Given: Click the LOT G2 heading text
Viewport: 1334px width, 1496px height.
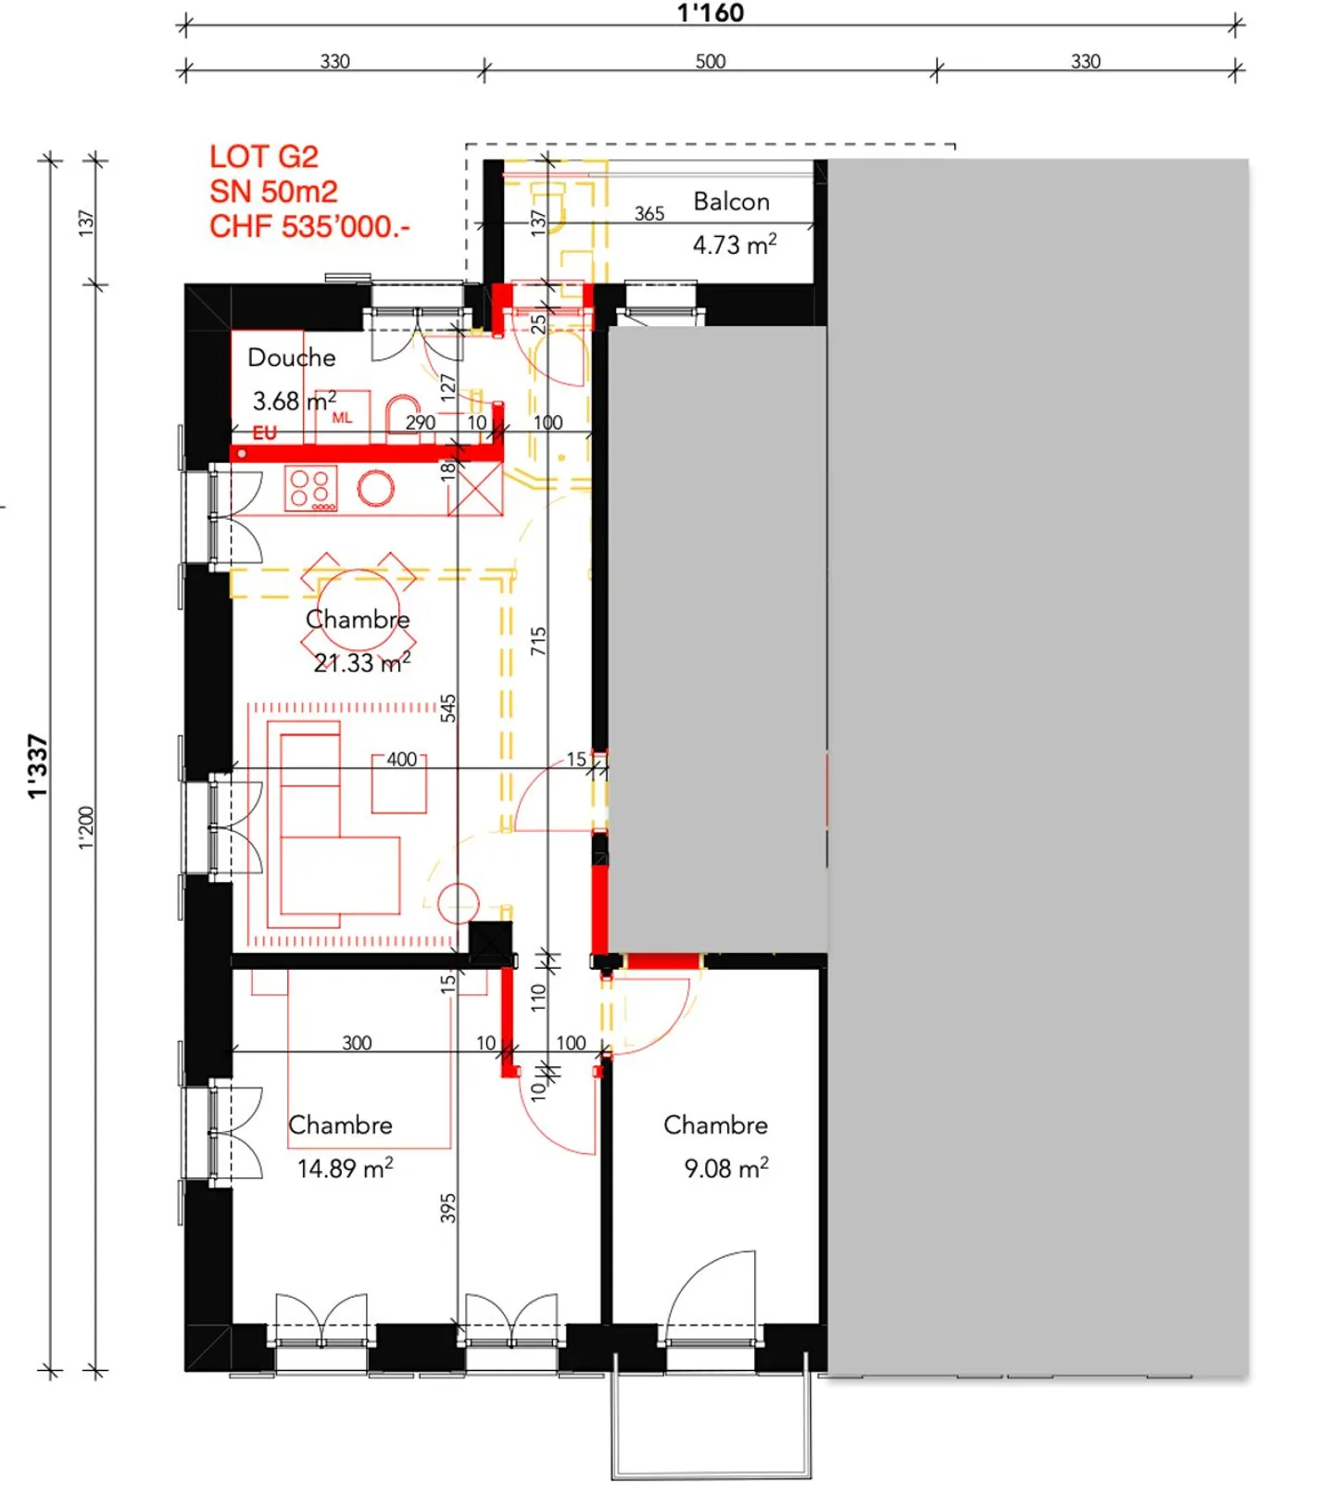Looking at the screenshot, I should (264, 157).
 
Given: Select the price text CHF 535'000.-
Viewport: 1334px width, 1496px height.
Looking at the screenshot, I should (309, 227).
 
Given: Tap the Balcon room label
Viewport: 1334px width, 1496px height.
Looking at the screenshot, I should (731, 202).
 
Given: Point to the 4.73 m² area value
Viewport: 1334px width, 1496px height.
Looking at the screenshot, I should (734, 245).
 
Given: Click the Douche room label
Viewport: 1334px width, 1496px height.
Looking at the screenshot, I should (292, 358).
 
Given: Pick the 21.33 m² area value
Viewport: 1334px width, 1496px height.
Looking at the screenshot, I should (361, 663).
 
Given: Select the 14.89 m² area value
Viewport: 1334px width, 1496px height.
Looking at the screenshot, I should (345, 1168).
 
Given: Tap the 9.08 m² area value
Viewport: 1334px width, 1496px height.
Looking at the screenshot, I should (726, 1168).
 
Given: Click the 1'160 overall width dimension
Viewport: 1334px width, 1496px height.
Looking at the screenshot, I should (711, 13).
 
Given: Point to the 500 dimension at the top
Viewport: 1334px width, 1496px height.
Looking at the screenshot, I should (711, 61).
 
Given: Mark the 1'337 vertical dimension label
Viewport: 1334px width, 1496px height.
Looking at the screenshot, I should (36, 766).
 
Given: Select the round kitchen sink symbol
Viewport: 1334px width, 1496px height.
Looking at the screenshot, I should (376, 488).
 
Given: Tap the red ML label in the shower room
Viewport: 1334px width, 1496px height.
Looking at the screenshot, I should (342, 418).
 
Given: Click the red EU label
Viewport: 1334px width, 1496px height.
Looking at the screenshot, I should (265, 433).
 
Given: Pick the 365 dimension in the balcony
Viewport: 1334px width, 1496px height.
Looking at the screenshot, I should (649, 214).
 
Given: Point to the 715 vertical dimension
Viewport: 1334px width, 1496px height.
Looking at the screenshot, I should (538, 641).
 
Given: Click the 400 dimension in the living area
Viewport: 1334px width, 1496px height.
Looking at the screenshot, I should (401, 760).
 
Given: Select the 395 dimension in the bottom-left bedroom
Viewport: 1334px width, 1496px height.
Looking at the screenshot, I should (448, 1208).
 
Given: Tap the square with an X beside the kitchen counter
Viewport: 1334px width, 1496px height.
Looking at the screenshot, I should (475, 489).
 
